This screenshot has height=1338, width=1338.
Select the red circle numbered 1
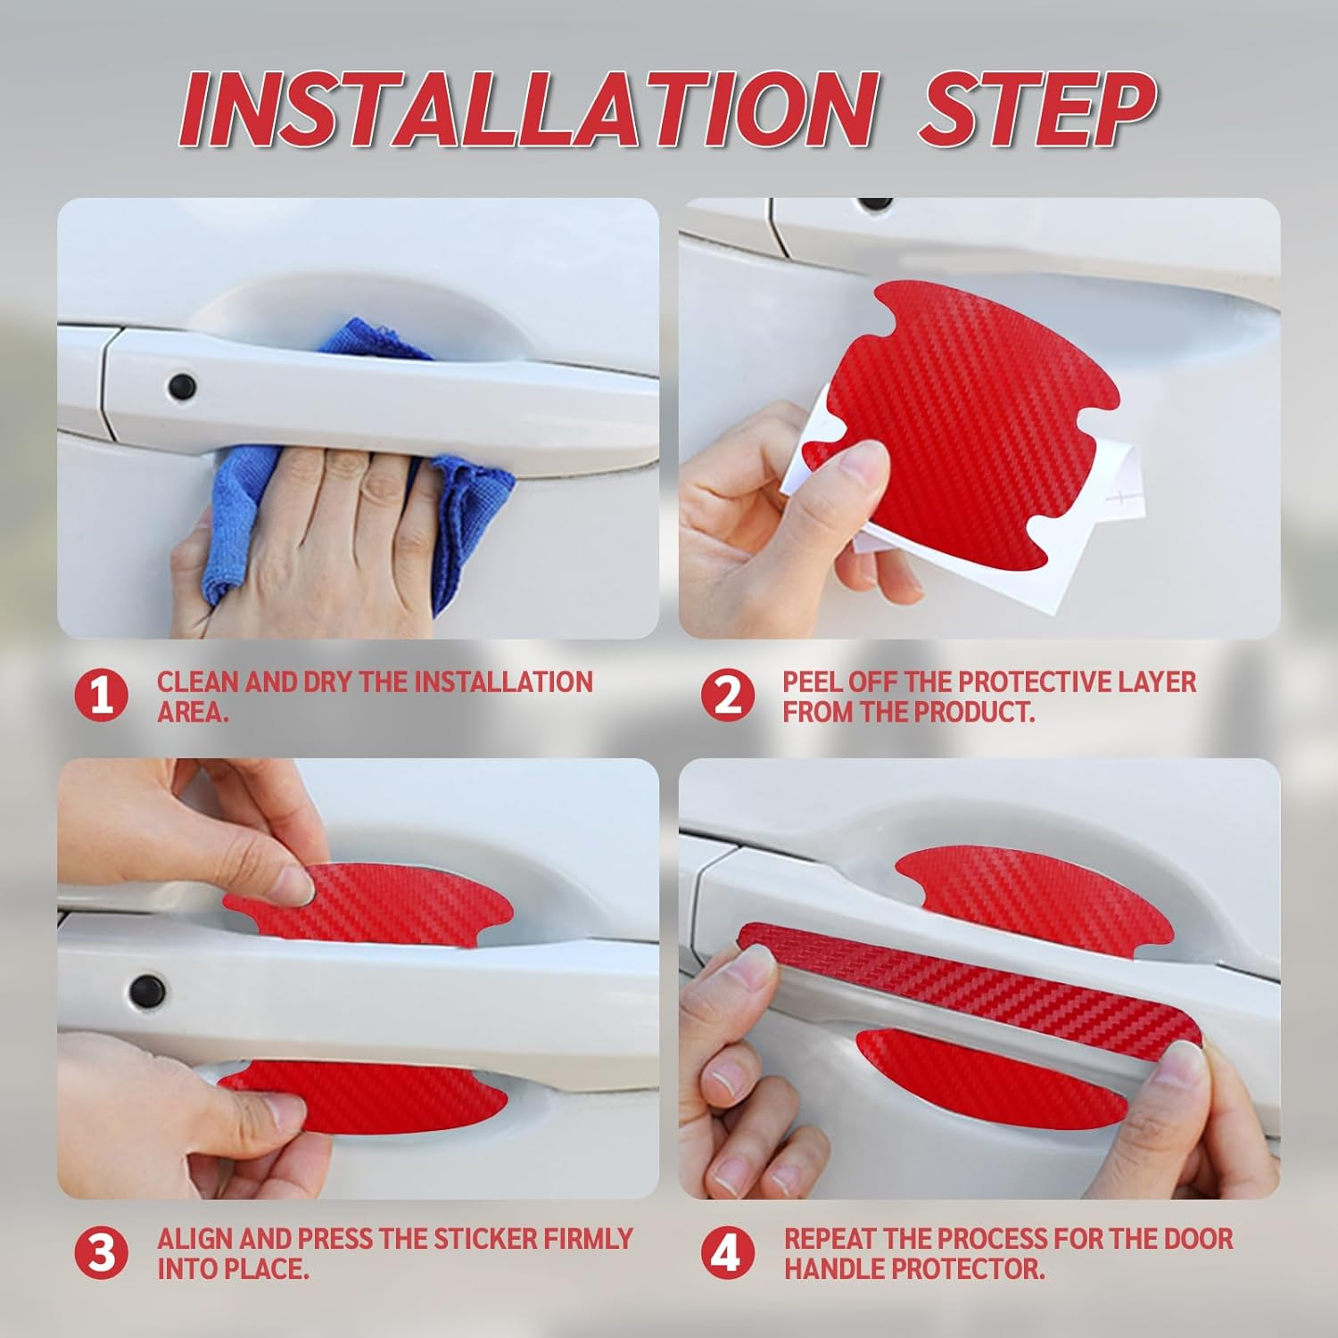102,696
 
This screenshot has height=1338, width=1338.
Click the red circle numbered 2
728,696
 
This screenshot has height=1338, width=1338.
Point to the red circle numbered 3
102,1252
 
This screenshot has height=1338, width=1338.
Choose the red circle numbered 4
728,1252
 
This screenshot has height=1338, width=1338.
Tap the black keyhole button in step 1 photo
182,386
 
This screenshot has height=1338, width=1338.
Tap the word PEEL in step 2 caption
813,682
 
